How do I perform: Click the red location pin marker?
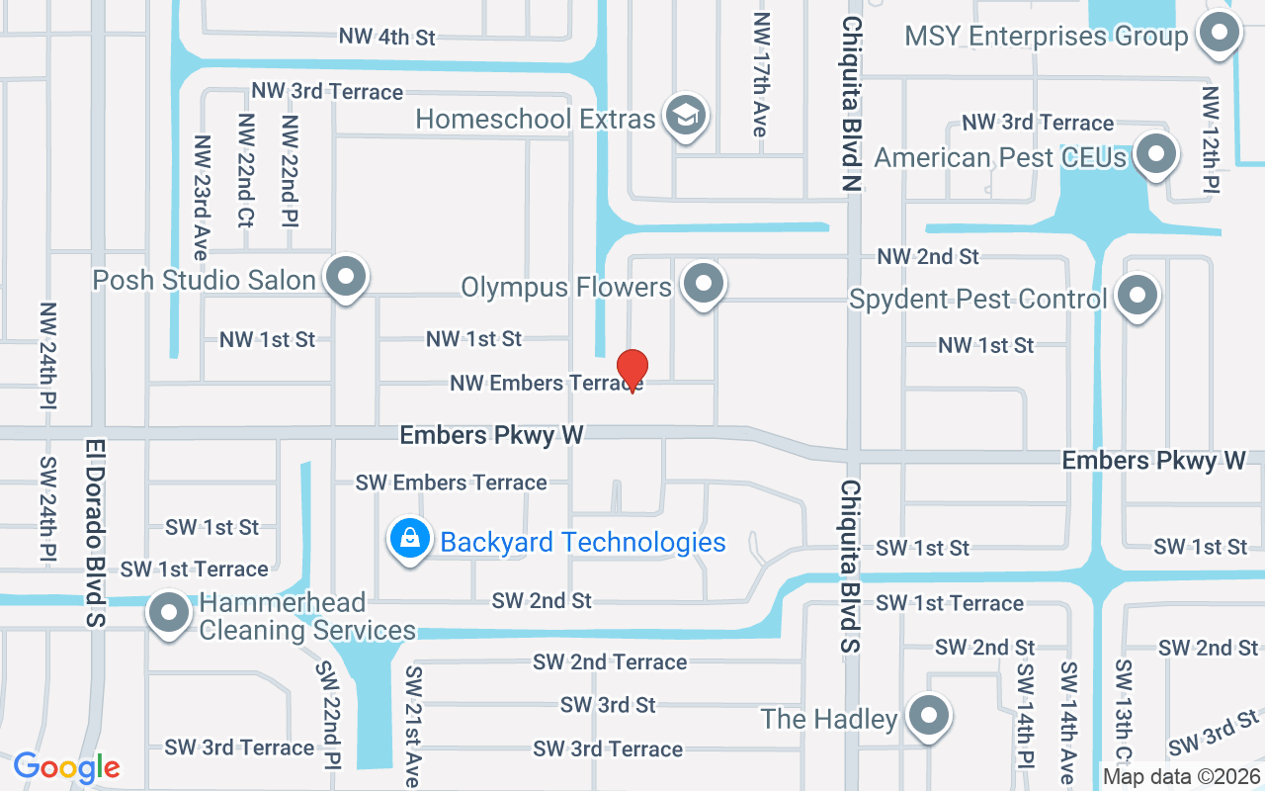[x=632, y=370]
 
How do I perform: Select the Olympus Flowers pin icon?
[x=703, y=284]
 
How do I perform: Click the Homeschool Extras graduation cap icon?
[x=683, y=116]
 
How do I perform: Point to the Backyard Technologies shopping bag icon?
[x=409, y=539]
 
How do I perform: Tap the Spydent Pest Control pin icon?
[x=1138, y=295]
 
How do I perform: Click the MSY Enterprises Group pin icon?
[x=1219, y=34]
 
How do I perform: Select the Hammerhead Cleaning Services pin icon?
[x=169, y=613]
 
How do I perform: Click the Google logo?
[x=66, y=767]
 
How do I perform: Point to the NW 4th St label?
[x=386, y=38]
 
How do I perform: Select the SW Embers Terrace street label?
[x=451, y=483]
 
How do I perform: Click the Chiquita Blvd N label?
[x=853, y=104]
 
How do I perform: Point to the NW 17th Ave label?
[x=760, y=75]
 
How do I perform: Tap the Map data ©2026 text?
[x=1181, y=777]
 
